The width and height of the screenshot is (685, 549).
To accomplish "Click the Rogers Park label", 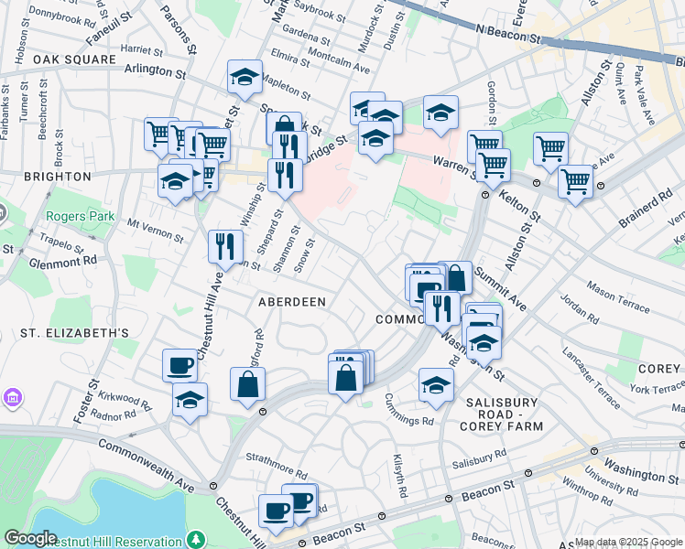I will [x=82, y=217].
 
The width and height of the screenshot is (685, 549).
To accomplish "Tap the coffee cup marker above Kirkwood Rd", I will [x=179, y=365].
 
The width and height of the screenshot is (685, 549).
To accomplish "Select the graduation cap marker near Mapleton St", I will [x=245, y=77].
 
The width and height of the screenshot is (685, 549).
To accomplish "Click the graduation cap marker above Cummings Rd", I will [x=436, y=384].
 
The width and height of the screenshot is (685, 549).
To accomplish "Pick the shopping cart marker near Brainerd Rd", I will [x=575, y=181].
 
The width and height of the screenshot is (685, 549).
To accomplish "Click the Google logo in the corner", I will [x=30, y=539].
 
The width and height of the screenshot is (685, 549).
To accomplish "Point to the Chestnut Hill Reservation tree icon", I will [x=194, y=540].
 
